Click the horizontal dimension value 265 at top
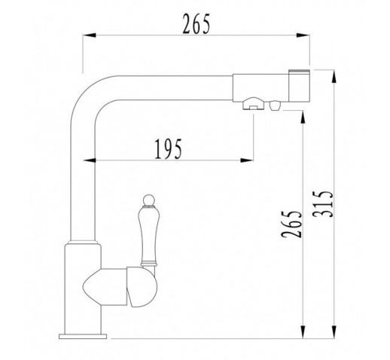pyautogui.click(x=196, y=24)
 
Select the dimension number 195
pyautogui.click(x=168, y=149)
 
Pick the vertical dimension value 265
pyautogui.click(x=291, y=224)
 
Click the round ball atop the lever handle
pyautogui.click(x=148, y=200)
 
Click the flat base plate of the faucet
pyautogui.click(x=83, y=336)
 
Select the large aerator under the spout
pyautogui.click(x=254, y=104)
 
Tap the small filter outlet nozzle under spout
pyautogui.click(x=275, y=105)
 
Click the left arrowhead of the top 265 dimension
pyautogui.click(x=90, y=35)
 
